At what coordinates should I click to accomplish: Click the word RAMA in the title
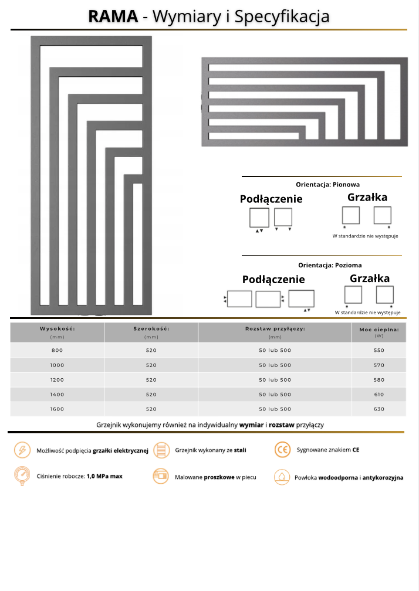(x=113, y=16)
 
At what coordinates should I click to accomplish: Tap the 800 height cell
(x=57, y=351)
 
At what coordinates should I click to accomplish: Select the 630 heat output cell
(x=379, y=409)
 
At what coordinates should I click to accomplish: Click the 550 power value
(x=379, y=351)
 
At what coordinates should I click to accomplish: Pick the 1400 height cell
(x=57, y=395)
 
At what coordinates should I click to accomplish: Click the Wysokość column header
(x=57, y=329)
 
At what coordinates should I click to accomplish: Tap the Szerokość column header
(x=151, y=329)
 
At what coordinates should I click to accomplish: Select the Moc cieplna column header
(x=379, y=330)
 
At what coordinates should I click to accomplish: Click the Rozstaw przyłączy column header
(x=275, y=329)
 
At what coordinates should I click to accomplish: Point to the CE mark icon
(x=282, y=450)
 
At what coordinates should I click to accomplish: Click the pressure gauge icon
(x=22, y=475)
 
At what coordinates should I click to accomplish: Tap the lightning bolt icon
(x=22, y=450)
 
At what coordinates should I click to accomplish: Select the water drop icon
(x=282, y=477)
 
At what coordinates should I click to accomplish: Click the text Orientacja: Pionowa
(x=327, y=184)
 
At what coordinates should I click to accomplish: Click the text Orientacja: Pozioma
(x=329, y=265)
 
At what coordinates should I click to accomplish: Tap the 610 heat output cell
(x=379, y=395)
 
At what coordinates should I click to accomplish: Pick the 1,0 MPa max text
(x=104, y=476)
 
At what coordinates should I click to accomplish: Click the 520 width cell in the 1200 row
(x=151, y=380)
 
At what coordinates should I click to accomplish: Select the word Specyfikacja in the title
(x=282, y=16)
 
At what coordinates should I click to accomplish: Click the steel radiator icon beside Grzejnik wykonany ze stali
(x=160, y=450)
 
